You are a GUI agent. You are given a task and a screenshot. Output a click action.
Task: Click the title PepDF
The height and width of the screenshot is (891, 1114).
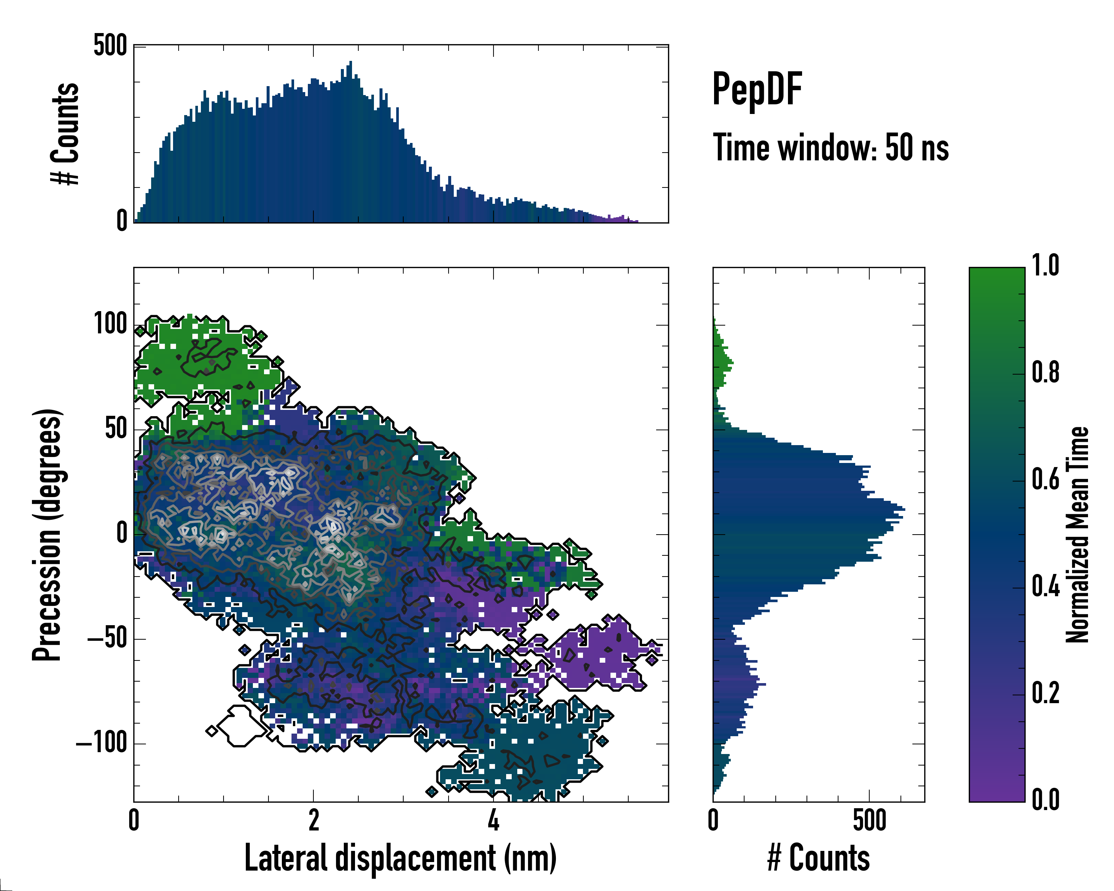click(756, 90)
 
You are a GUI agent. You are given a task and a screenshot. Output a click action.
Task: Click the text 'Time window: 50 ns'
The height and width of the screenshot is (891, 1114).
click(830, 148)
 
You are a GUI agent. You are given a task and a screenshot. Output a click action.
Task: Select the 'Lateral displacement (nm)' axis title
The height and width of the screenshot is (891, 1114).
click(400, 858)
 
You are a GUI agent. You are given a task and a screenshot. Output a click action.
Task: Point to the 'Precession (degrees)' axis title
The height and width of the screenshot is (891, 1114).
click(47, 535)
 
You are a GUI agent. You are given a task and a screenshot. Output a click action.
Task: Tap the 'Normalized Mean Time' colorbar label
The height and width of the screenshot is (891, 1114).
click(1077, 535)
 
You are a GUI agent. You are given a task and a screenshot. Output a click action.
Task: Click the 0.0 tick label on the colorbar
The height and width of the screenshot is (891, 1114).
click(1045, 800)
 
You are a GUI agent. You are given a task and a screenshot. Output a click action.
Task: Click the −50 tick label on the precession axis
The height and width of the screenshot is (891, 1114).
click(107, 639)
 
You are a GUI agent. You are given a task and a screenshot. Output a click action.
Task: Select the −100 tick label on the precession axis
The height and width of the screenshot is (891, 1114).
click(101, 744)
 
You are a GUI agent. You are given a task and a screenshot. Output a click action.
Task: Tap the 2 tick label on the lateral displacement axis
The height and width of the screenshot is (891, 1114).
click(314, 821)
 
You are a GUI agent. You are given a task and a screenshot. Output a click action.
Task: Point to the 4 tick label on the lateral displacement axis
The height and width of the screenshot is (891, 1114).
click(494, 821)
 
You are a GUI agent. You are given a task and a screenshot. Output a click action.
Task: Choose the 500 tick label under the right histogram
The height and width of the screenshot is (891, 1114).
click(870, 821)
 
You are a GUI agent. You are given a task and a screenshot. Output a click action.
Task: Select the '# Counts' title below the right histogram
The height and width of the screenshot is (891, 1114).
click(818, 858)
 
